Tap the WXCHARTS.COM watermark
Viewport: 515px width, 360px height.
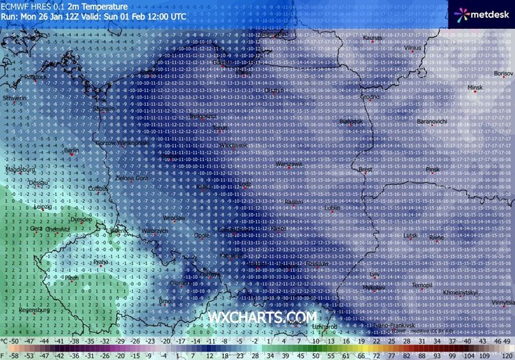[262, 317]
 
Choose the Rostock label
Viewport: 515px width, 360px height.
[34, 77]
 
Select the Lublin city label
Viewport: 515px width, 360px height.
[332, 207]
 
